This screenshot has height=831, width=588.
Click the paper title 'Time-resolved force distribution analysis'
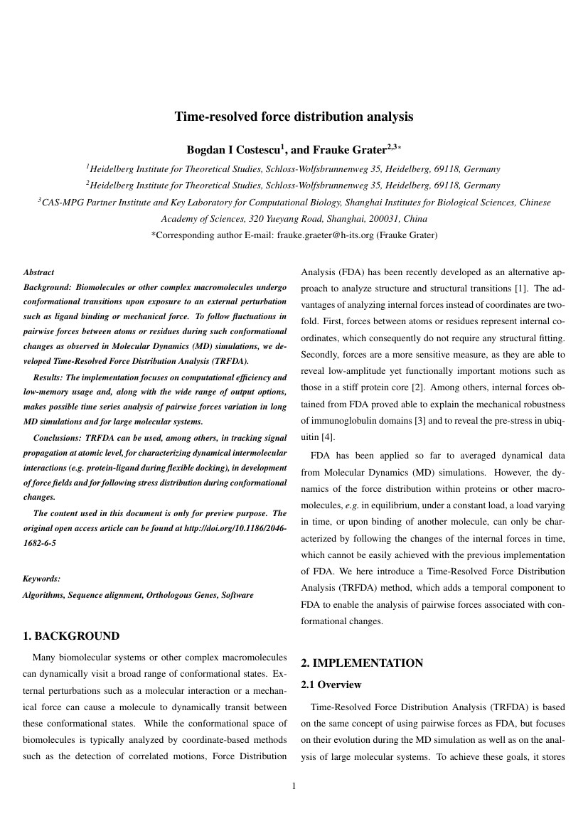pos(294,117)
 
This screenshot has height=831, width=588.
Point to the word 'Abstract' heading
pos(38,272)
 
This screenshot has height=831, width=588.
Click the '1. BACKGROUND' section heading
pos(71,636)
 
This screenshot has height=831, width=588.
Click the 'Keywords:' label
pos(41,579)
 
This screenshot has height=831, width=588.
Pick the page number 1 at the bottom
pos(294,786)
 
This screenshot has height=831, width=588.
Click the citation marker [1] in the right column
pos(521,288)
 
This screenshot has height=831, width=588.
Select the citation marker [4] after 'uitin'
pos(327,436)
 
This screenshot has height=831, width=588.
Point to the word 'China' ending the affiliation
pos(415,218)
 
